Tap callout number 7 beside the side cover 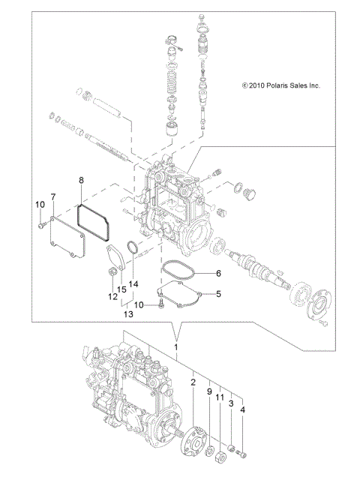point(53,197)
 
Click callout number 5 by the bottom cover point(218,294)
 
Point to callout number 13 point(128,315)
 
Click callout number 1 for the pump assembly point(176,348)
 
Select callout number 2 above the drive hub point(193,382)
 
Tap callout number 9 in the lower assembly point(209,391)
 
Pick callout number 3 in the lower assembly point(232,403)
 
